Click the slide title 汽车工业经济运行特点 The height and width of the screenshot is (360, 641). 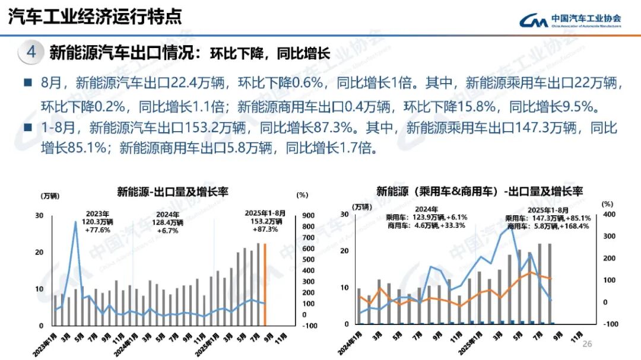coord(95,17)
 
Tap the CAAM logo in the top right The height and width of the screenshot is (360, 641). coord(570,21)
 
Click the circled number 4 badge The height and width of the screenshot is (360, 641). coord(31,52)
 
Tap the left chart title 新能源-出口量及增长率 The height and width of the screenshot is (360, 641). coord(172,192)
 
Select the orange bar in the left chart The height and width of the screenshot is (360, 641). coord(265,285)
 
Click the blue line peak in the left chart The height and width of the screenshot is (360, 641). coord(75,222)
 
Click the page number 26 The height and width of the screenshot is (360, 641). coord(588,344)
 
